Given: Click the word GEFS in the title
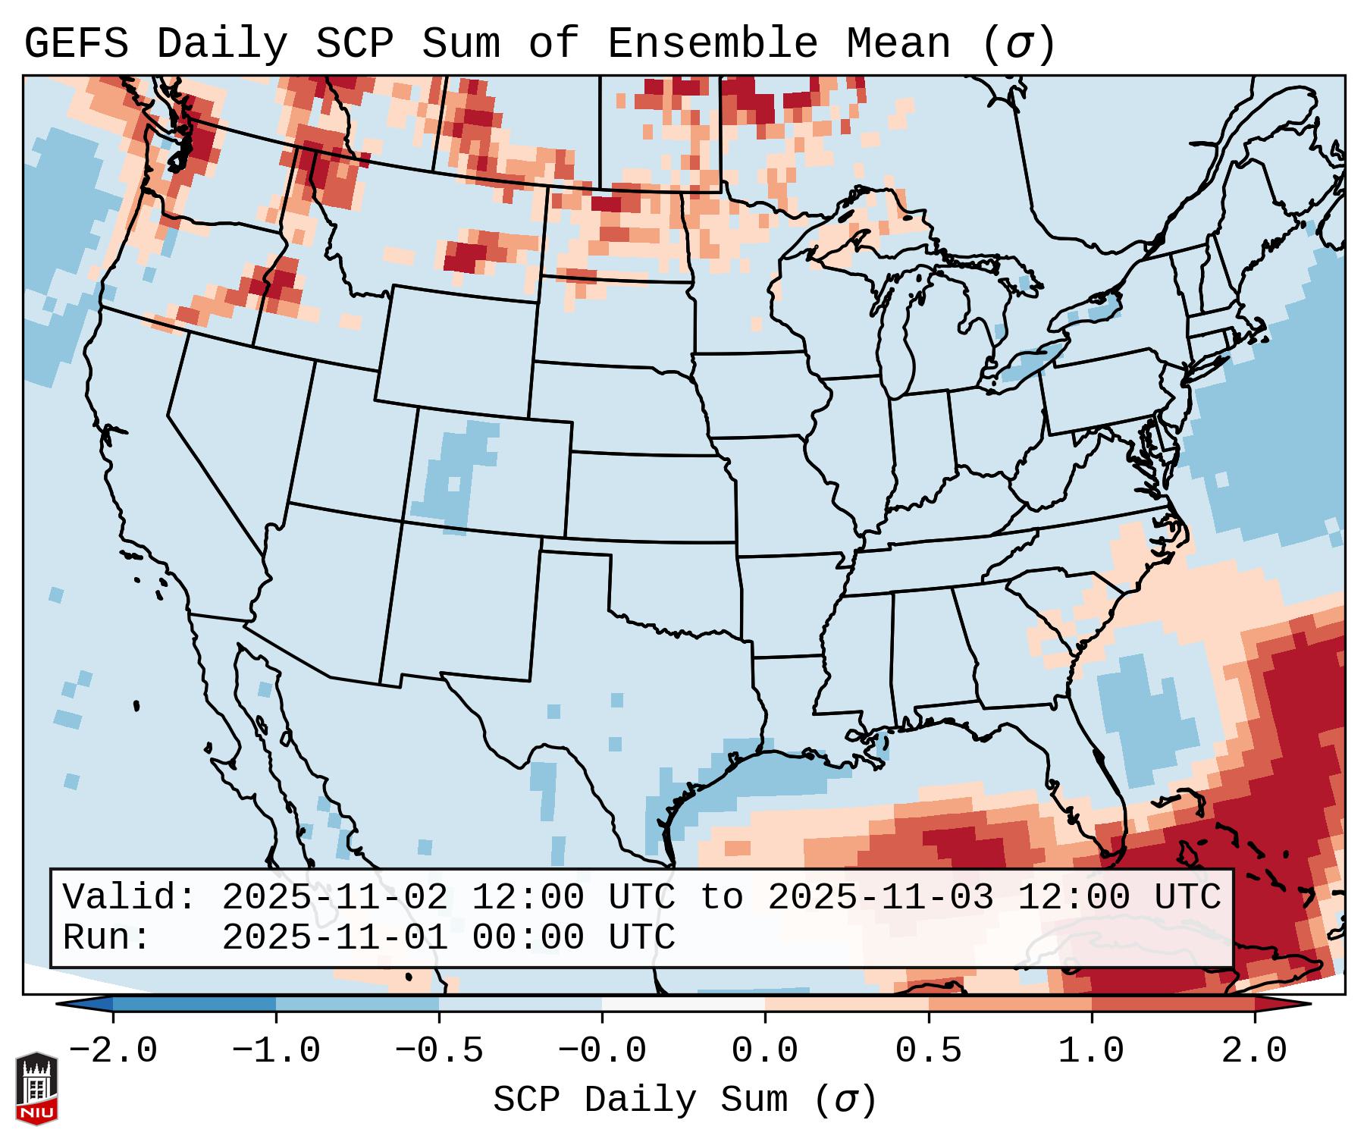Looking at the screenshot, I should click(76, 44).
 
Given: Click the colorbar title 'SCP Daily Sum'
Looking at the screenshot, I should click(640, 1100).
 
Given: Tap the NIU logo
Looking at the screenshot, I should click(36, 1088).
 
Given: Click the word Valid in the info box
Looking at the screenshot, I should click(121, 898).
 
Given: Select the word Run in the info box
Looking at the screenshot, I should click(99, 938).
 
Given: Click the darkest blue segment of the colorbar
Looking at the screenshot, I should click(194, 1004).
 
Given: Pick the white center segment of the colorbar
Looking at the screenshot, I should click(683, 1004).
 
